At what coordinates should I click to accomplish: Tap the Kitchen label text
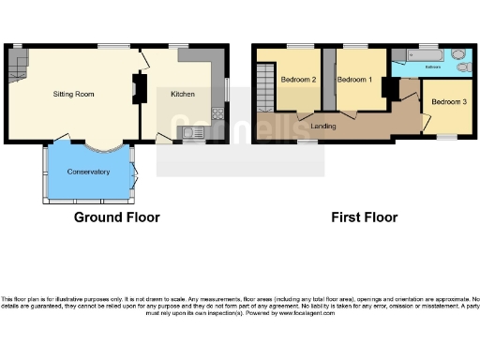coord(182,94)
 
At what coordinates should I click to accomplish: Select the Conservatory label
coord(88,172)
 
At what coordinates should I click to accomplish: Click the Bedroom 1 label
coord(354,81)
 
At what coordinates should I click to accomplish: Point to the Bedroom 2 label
coord(298,81)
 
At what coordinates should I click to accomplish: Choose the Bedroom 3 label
coord(447,100)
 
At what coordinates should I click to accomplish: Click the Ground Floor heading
coord(117,217)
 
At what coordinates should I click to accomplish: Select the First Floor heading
coord(365,217)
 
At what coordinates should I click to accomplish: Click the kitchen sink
coord(194,132)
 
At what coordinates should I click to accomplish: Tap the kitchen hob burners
coord(217,113)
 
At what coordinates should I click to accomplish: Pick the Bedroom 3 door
coord(425,119)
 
